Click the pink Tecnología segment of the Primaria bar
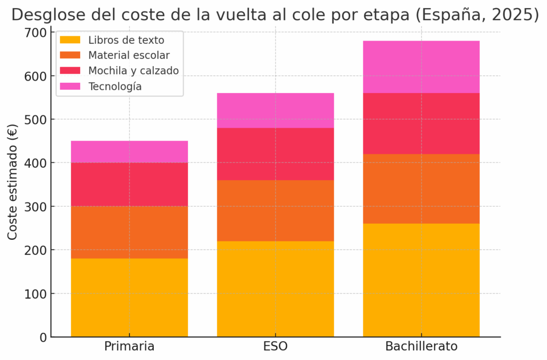[129, 152]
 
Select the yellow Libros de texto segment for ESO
[275, 288]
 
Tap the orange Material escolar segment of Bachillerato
[421, 189]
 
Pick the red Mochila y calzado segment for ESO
[275, 154]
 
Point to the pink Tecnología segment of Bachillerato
[421, 67]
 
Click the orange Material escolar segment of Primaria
[129, 232]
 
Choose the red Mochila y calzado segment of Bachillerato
[421, 123]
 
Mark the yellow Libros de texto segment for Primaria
[129, 298]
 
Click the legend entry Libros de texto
[126, 40]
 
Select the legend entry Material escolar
[129, 55]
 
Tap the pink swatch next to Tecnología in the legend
[70, 86]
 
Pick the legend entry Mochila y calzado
[134, 71]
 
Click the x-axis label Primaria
[129, 347]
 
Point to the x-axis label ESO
[275, 347]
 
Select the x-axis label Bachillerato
[421, 347]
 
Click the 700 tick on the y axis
[35, 33]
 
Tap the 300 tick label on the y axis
[35, 207]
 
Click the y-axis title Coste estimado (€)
[12, 182]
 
